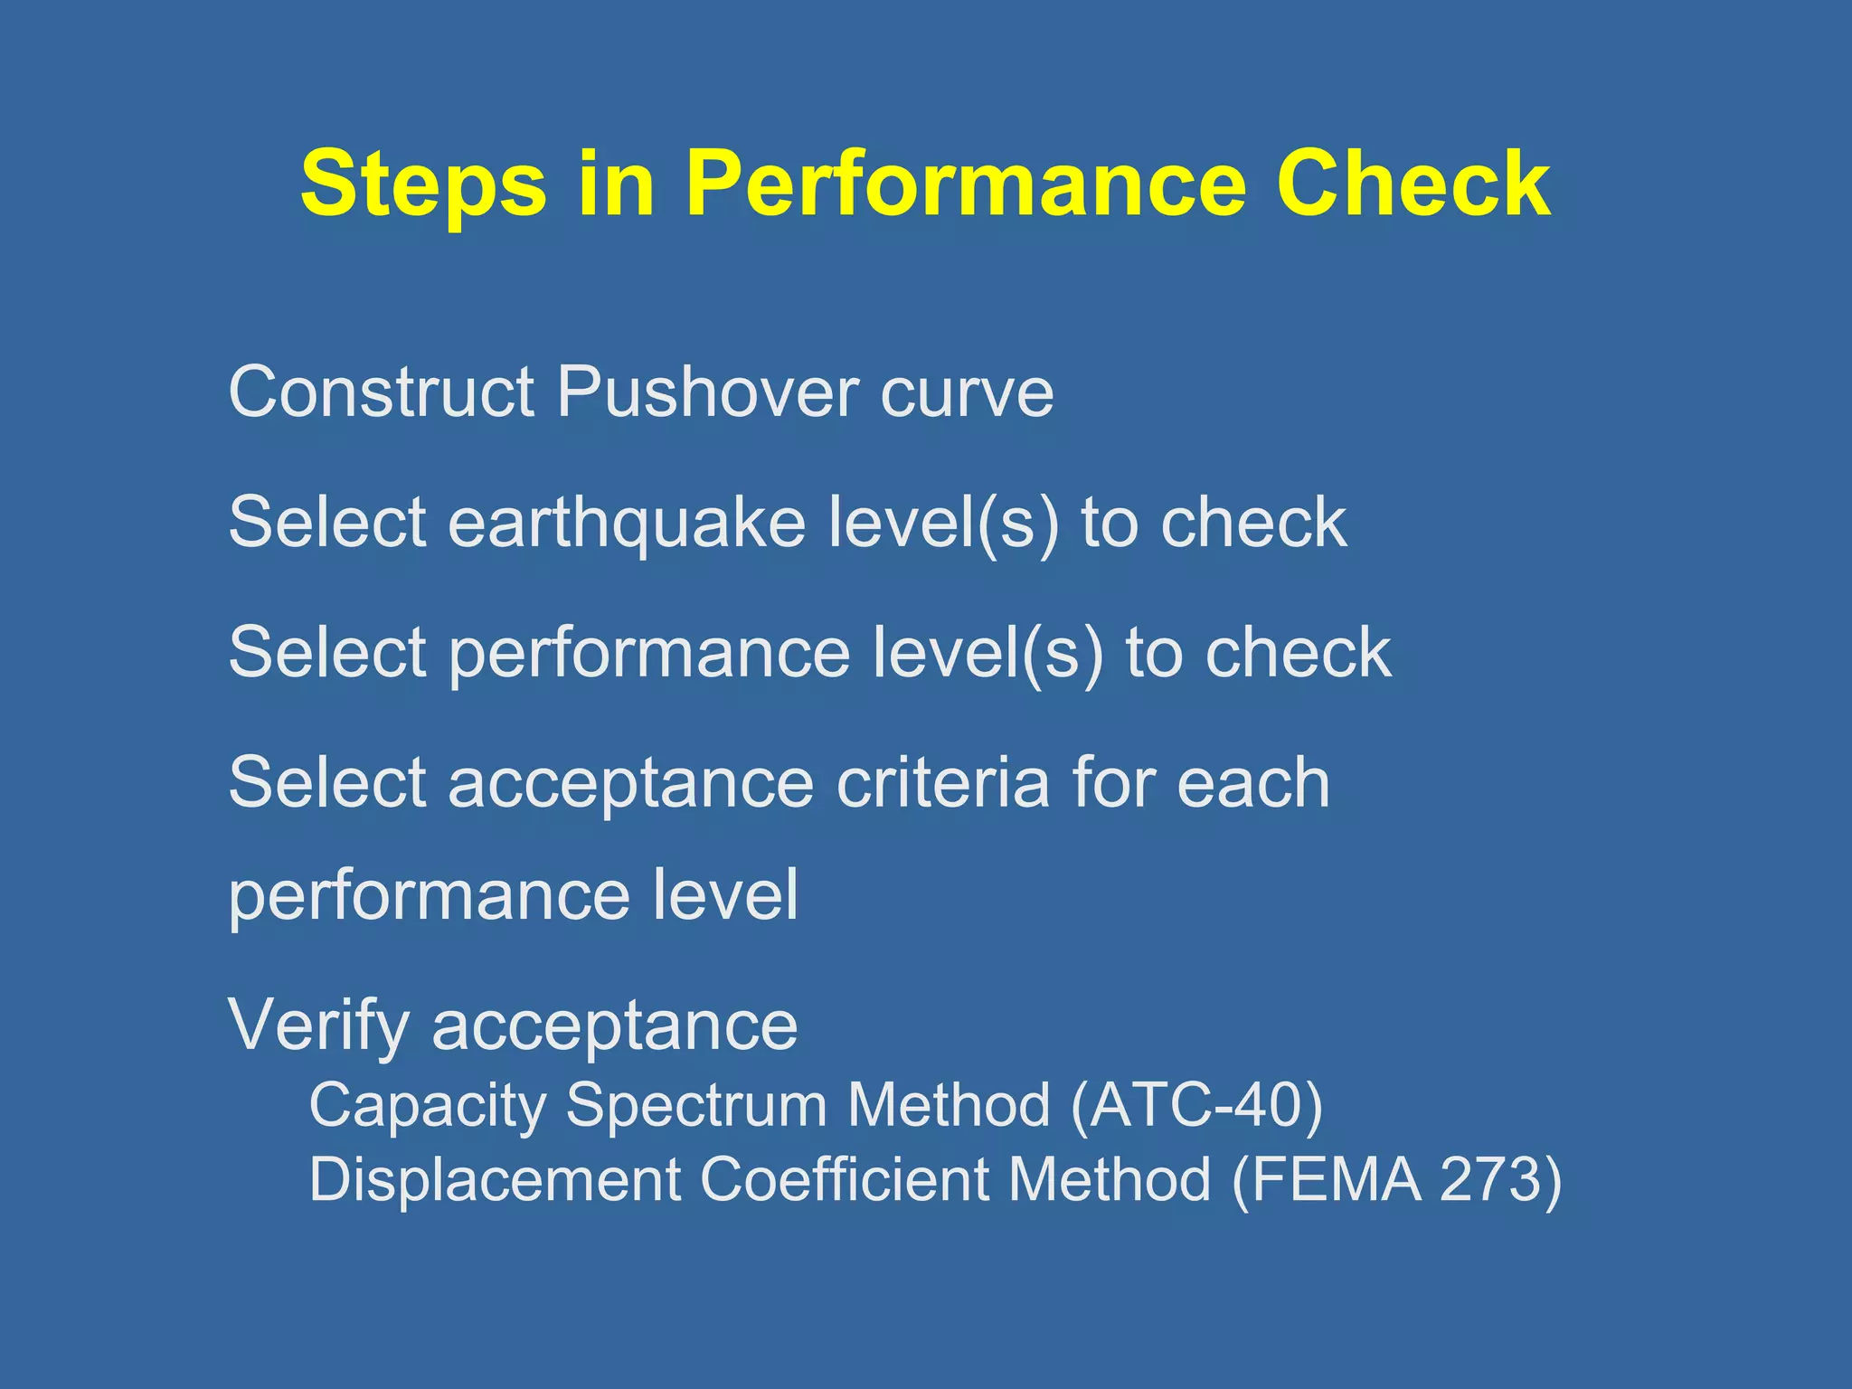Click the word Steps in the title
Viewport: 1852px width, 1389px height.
[423, 185]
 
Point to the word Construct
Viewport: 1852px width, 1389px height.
[381, 392]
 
